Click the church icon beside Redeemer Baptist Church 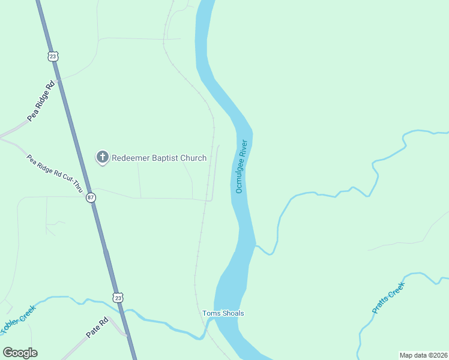click(103, 158)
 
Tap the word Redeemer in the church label click(130, 158)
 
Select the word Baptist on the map click(165, 158)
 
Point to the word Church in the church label click(194, 158)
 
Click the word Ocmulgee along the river click(238, 178)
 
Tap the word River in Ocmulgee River click(244, 148)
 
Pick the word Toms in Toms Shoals click(210, 313)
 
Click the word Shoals click(232, 313)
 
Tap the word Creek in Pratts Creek click(397, 289)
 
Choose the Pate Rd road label click(96, 327)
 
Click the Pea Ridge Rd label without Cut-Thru click(41, 100)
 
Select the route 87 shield click(90, 197)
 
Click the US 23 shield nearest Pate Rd click(118, 297)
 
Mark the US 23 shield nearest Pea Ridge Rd click(53, 56)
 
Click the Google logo click(20, 353)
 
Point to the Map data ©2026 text click(423, 355)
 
